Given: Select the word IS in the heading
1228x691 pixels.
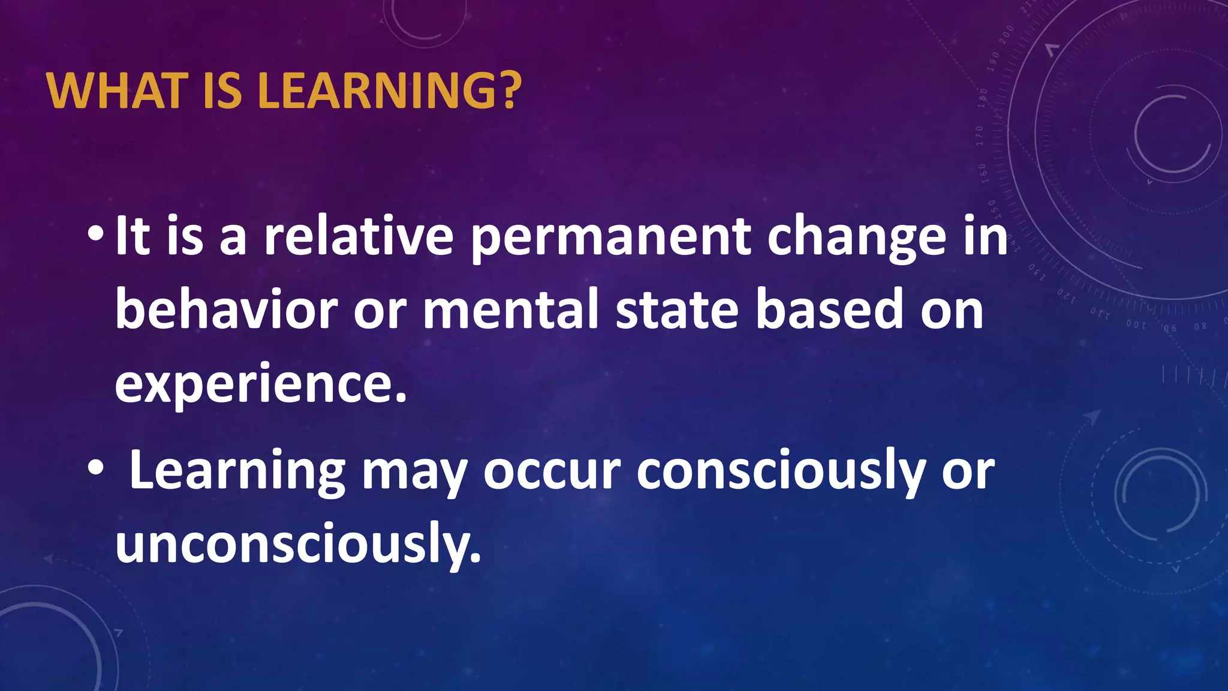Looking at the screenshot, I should [222, 91].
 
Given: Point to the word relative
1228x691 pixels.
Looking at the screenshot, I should [359, 236].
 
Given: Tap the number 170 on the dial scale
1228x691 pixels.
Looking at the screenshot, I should [980, 136].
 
